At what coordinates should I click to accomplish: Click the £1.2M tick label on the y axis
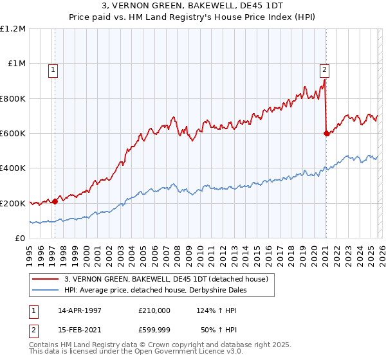[x=13, y=29]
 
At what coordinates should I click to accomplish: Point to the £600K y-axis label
[x=13, y=134]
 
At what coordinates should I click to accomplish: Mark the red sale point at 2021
[x=326, y=134]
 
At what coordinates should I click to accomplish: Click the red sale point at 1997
[x=55, y=201]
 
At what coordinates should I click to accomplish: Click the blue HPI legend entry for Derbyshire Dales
[x=155, y=290]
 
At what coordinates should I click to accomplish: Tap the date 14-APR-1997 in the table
[x=80, y=310]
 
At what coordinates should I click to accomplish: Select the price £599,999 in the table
[x=154, y=329]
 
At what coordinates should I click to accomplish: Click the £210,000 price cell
[x=154, y=310]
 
